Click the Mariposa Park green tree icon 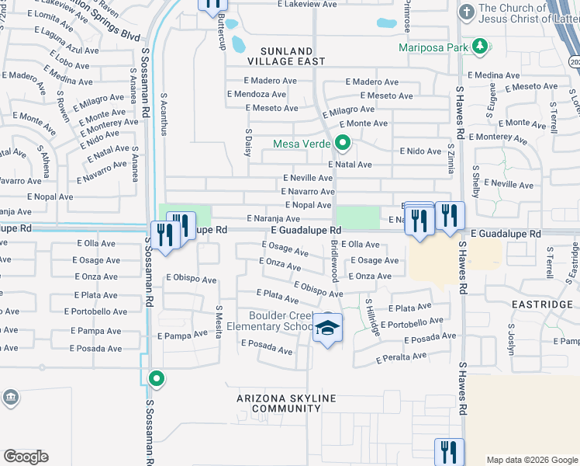481,47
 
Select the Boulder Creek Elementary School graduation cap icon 328,329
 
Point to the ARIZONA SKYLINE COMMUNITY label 287,403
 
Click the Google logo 26,457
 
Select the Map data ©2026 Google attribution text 531,460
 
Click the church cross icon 466,12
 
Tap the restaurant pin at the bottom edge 449,452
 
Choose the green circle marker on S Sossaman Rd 157,379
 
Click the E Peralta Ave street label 401,357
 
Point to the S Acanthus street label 164,114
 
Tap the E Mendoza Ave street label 256,94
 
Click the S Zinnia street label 451,158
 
